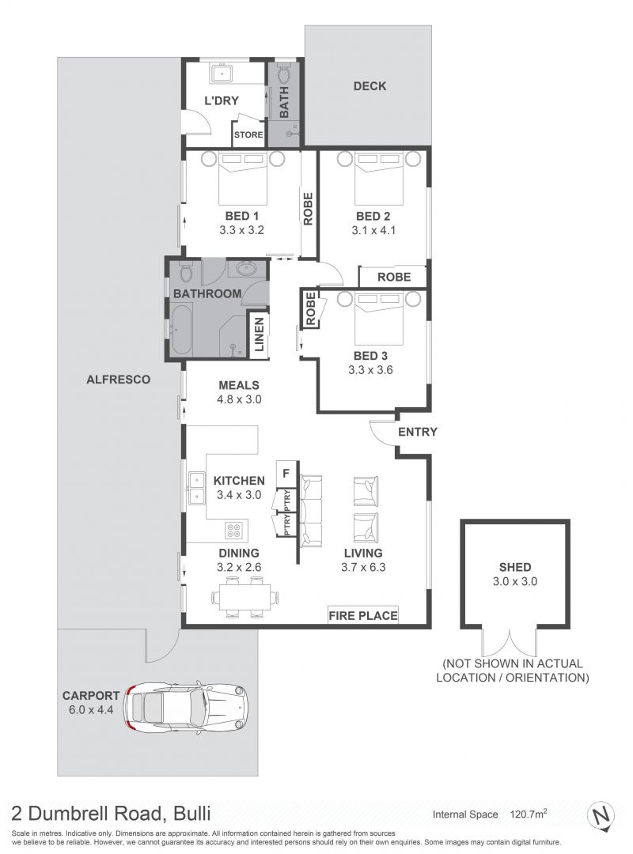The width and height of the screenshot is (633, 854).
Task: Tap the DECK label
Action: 370,86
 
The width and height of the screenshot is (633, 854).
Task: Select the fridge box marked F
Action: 286,474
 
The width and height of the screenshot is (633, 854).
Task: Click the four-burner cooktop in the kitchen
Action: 234,530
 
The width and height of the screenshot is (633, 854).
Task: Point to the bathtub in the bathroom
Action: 180,330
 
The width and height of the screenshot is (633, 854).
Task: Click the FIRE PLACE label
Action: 363,615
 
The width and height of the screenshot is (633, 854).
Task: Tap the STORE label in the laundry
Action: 248,134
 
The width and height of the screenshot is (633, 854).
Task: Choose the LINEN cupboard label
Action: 259,334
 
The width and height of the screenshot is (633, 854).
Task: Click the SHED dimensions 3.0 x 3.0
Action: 514,581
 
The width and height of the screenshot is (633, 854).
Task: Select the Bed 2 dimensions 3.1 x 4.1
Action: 373,230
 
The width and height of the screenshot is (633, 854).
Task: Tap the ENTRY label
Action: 418,432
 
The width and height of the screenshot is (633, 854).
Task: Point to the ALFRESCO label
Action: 119,379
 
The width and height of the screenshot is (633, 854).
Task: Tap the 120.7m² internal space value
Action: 528,814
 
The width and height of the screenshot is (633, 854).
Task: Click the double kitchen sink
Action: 196,488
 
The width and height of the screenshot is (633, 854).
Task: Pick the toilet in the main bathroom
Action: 185,270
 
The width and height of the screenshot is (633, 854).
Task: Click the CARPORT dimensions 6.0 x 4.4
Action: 91,709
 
